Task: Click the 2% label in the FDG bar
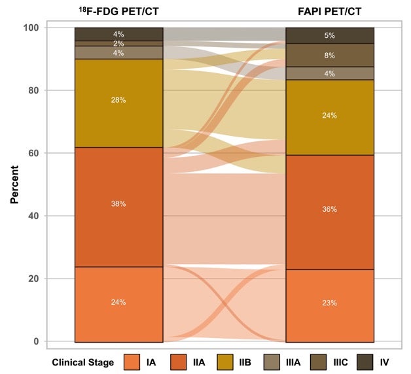point(118,43)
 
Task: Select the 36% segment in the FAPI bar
point(329,209)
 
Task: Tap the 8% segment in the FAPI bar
point(329,56)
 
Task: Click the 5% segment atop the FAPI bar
point(329,35)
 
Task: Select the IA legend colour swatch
point(132,362)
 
